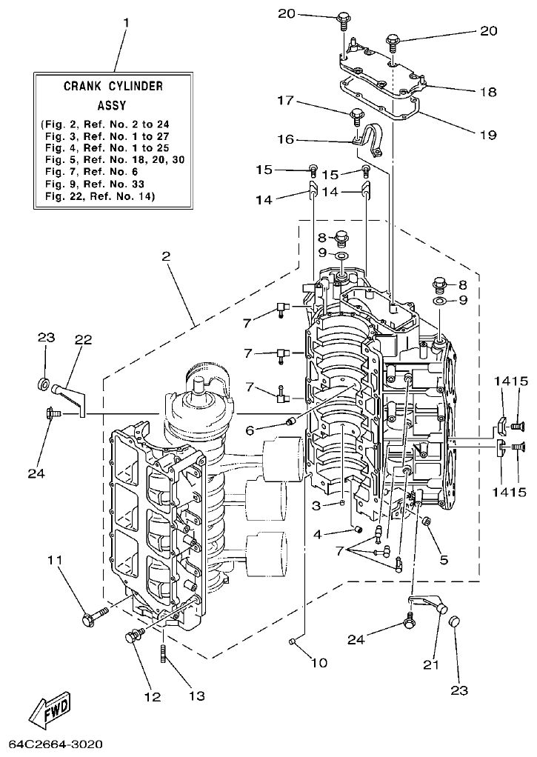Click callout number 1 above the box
pyautogui.click(x=125, y=23)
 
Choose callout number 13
pyautogui.click(x=196, y=696)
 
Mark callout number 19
pyautogui.click(x=487, y=135)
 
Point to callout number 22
pyautogui.click(x=83, y=340)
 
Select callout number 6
pyautogui.click(x=250, y=430)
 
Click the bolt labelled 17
pyautogui.click(x=356, y=116)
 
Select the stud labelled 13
pyautogui.click(x=161, y=655)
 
